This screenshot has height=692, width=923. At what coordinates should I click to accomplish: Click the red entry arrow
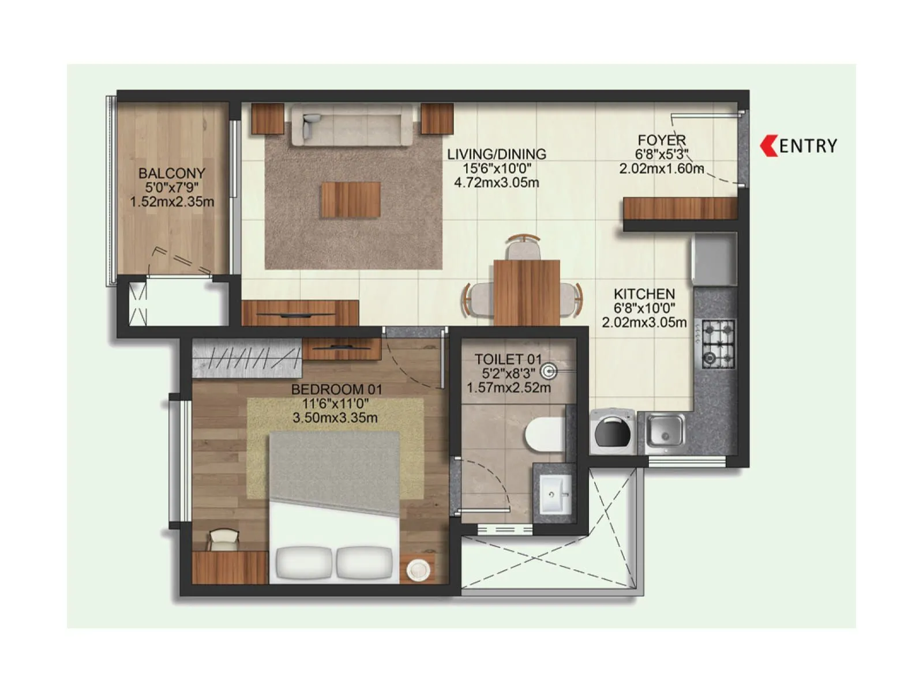click(x=769, y=146)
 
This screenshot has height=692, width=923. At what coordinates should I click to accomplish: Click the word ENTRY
click(x=808, y=146)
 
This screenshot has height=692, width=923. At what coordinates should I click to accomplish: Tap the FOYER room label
click(x=662, y=140)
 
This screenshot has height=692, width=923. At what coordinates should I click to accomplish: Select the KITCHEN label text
click(x=644, y=294)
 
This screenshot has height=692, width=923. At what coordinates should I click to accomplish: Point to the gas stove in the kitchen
click(x=718, y=344)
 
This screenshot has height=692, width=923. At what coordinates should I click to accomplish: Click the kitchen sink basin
click(x=665, y=430)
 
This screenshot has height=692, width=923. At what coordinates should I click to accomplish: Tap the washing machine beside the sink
click(x=612, y=430)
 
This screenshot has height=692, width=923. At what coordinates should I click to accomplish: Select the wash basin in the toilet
click(x=556, y=494)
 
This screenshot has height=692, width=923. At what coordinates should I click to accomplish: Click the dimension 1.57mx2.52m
click(x=508, y=388)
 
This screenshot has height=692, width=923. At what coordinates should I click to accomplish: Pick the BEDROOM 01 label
click(x=336, y=389)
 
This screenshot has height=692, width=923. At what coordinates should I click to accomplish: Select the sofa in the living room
click(x=351, y=124)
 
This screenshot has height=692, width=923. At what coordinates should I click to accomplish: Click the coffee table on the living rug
click(x=351, y=200)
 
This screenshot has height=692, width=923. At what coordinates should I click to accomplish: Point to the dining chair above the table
click(x=523, y=248)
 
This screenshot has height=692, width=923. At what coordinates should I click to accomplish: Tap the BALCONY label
click(x=171, y=173)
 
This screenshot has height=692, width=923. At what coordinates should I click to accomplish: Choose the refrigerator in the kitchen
click(x=715, y=259)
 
